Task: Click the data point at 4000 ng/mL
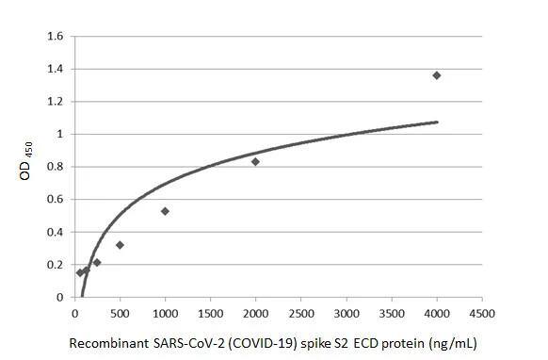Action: [437, 75]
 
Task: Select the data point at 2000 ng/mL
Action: [255, 161]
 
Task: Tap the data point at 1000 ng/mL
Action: [165, 211]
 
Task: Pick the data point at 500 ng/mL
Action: [120, 245]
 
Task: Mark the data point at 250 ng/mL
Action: [97, 263]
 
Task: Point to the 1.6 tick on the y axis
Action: [56, 37]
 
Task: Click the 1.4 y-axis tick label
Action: [56, 70]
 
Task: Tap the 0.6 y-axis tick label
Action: [56, 200]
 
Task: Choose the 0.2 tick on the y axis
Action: [56, 265]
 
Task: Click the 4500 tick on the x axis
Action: [482, 313]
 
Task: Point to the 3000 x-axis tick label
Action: [347, 313]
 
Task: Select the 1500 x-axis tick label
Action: [210, 313]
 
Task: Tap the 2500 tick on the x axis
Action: [300, 313]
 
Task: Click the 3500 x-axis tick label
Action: [392, 313]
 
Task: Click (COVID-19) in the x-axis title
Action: [252, 344]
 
